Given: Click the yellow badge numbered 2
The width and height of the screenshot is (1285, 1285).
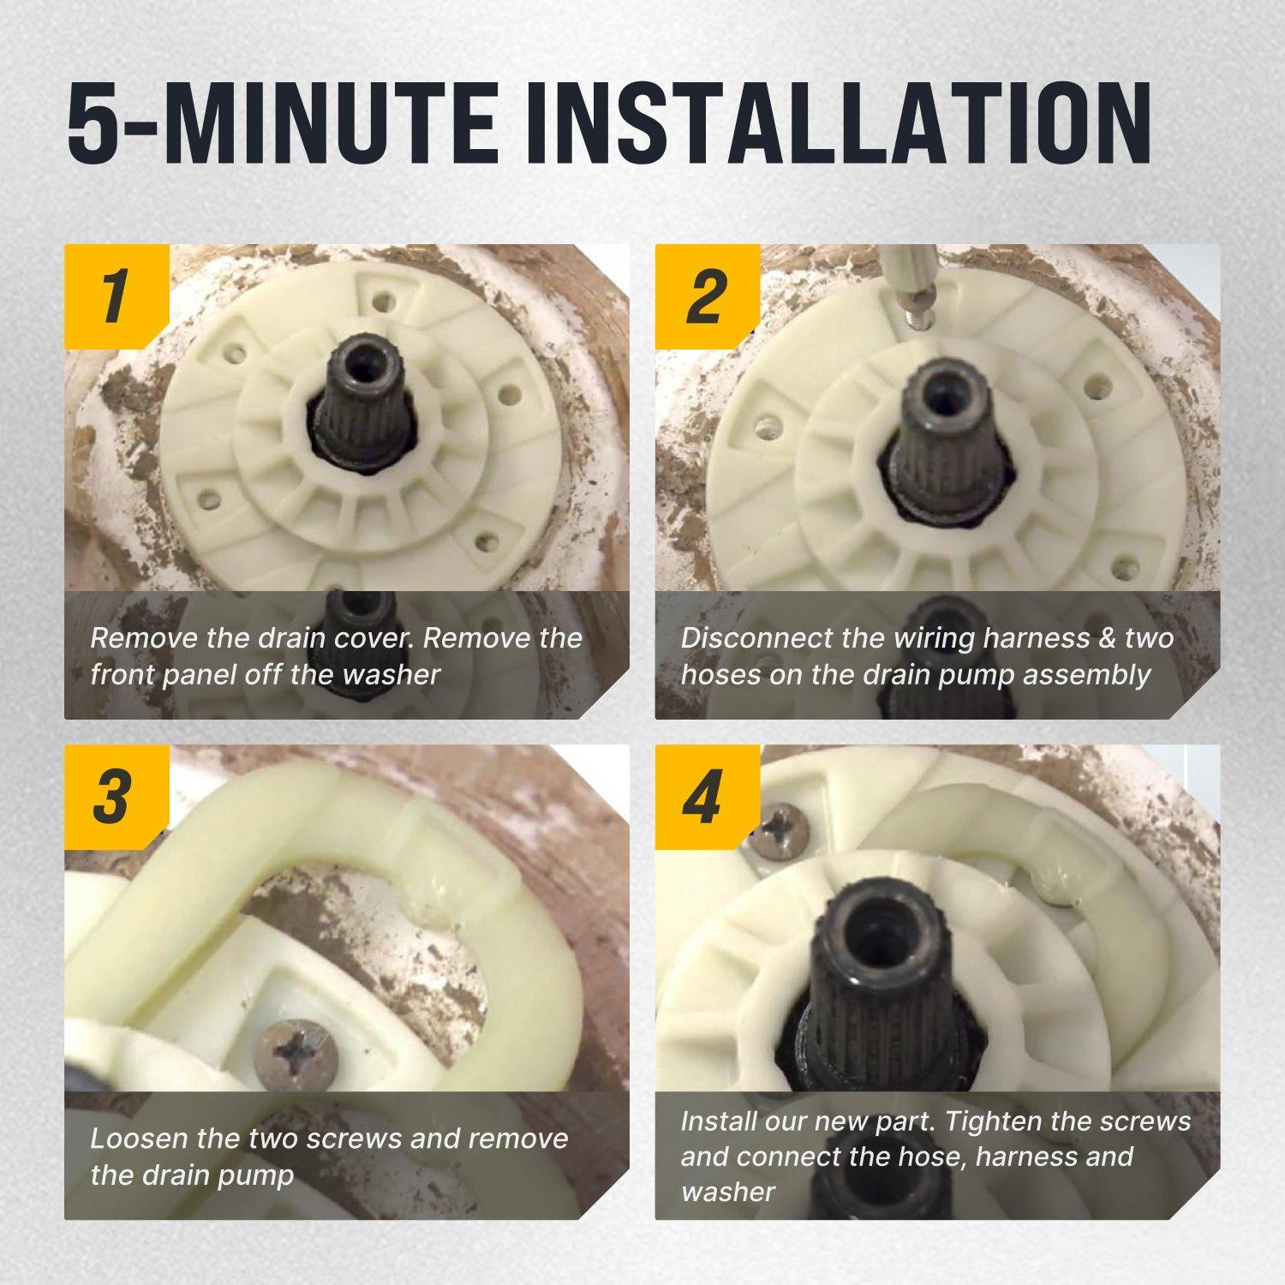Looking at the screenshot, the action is [x=707, y=296].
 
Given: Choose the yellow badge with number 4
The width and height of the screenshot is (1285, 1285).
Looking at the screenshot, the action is [x=707, y=797].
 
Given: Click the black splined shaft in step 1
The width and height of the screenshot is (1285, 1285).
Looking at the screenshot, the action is [x=353, y=398].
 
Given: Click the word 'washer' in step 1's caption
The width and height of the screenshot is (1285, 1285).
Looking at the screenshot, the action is [x=391, y=674].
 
